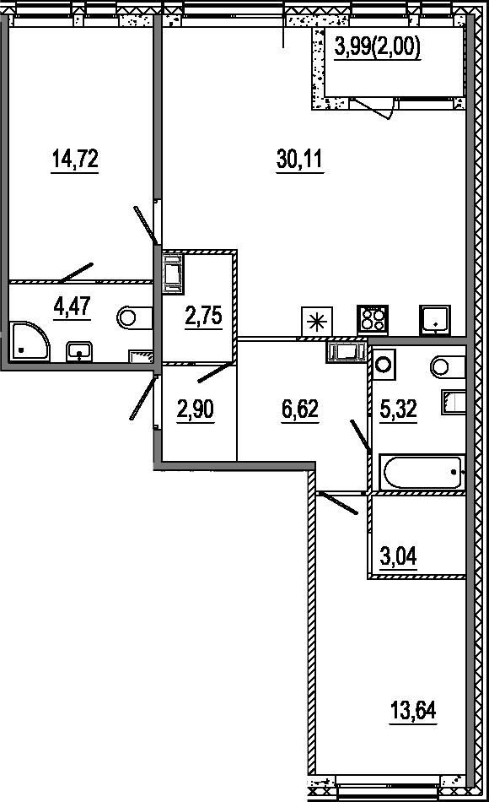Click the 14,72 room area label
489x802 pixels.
click(x=74, y=159)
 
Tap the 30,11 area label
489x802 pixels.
click(x=300, y=159)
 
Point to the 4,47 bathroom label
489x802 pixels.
click(x=72, y=306)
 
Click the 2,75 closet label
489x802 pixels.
click(x=204, y=317)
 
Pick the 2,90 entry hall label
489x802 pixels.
click(x=196, y=409)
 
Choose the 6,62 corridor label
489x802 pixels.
click(x=300, y=409)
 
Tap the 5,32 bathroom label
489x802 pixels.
click(x=399, y=409)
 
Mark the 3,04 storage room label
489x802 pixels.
click(x=399, y=555)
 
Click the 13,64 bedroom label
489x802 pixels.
click(x=413, y=711)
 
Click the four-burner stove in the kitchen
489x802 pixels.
click(x=372, y=320)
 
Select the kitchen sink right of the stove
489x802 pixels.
click(x=435, y=320)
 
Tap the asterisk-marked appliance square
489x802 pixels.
click(x=317, y=321)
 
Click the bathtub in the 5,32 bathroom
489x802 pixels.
click(x=422, y=473)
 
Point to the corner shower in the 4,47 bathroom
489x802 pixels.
click(x=30, y=341)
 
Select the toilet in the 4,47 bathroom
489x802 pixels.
click(x=135, y=318)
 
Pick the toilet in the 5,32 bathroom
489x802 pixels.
click(x=449, y=366)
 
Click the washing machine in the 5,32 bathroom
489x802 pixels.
click(x=384, y=364)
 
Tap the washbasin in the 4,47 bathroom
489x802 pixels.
click(x=78, y=352)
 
